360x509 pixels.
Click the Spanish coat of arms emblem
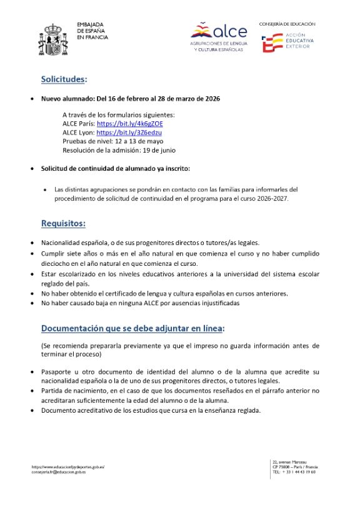(56, 38)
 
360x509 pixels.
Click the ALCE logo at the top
(219, 36)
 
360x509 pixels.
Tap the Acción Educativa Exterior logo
(287, 43)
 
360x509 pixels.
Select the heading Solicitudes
(64, 79)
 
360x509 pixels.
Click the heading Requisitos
(63, 223)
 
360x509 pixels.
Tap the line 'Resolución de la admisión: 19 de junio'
(119, 150)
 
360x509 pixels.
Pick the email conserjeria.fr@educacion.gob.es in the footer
(58, 472)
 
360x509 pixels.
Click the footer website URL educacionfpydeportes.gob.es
(67, 466)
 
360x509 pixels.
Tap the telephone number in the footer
(294, 472)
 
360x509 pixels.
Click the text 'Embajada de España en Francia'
(92, 31)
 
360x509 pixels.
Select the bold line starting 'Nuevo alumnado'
(131, 99)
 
